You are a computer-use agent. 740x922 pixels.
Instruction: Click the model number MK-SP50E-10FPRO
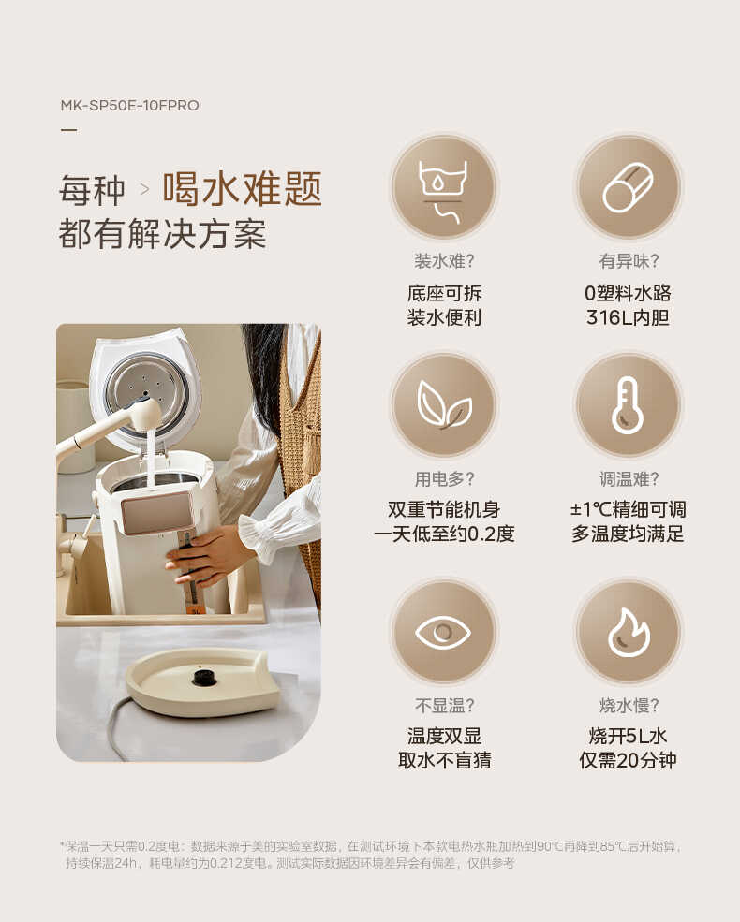(x=129, y=105)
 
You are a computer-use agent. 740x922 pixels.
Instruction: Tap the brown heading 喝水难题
(x=243, y=188)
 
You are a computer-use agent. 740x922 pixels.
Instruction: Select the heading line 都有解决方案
(x=162, y=234)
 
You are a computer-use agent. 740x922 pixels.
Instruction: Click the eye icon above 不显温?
(x=443, y=632)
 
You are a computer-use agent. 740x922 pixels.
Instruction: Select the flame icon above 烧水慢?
(x=628, y=632)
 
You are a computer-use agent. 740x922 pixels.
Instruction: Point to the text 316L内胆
(x=628, y=318)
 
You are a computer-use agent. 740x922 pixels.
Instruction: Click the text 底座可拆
(x=444, y=293)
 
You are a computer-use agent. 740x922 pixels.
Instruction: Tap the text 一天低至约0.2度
(x=444, y=534)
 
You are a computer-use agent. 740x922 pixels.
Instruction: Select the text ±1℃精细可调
(x=628, y=509)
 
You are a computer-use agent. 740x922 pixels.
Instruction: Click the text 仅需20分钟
(x=628, y=760)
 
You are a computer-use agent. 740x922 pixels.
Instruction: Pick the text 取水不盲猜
(x=444, y=760)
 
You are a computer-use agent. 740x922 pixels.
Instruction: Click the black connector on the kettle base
(x=200, y=676)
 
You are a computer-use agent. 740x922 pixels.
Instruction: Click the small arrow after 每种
(x=144, y=189)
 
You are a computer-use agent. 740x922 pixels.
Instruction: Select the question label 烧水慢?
(x=628, y=705)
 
